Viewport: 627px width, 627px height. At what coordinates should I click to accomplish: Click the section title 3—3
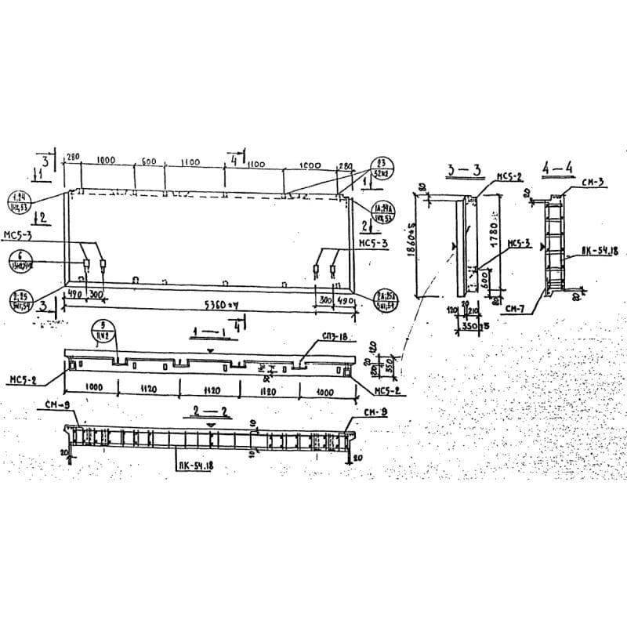click(463, 169)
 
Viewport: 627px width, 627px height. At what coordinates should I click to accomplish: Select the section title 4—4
click(557, 169)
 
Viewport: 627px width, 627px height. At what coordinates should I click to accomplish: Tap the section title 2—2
click(209, 411)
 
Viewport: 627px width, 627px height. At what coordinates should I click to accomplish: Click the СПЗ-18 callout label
click(334, 337)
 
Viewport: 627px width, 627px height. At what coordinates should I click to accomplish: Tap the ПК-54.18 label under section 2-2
click(195, 466)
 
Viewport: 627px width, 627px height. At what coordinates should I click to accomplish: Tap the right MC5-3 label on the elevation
click(372, 244)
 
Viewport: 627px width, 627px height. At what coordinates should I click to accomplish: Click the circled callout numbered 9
click(102, 330)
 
